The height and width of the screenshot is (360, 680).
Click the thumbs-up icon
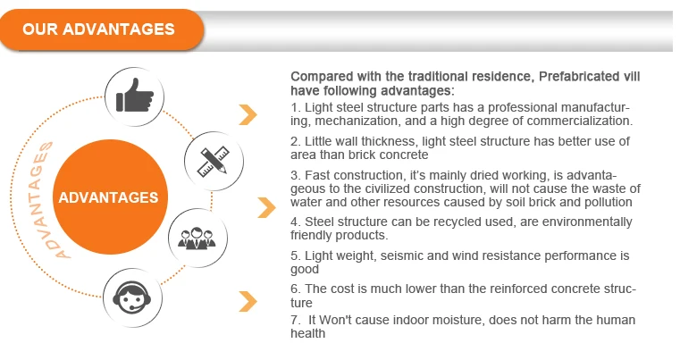pyautogui.click(x=134, y=96)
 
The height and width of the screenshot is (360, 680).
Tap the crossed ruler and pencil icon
pyautogui.click(x=214, y=162)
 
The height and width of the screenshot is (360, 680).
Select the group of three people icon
pyautogui.click(x=197, y=238)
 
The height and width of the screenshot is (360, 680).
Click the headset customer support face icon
pyautogui.click(x=132, y=297)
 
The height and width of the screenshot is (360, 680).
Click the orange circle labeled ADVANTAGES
pyautogui.click(x=110, y=197)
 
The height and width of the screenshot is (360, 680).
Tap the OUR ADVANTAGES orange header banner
pyautogui.click(x=102, y=29)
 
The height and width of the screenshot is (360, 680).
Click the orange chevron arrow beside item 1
pyautogui.click(x=248, y=115)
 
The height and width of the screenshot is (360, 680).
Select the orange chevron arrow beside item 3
pyautogui.click(x=266, y=207)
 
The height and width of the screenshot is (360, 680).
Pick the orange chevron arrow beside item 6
pyautogui.click(x=248, y=301)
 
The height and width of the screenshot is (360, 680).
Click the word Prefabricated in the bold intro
pyautogui.click(x=579, y=76)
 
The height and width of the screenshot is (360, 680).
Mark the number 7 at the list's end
pyautogui.click(x=295, y=320)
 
